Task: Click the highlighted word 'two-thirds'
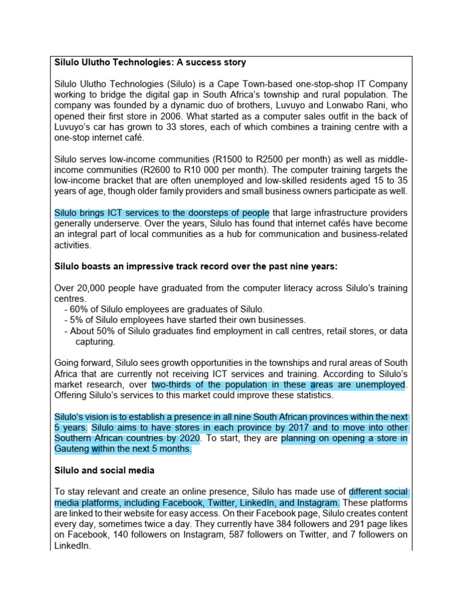coord(171,384)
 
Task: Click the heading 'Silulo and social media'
coord(104,470)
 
